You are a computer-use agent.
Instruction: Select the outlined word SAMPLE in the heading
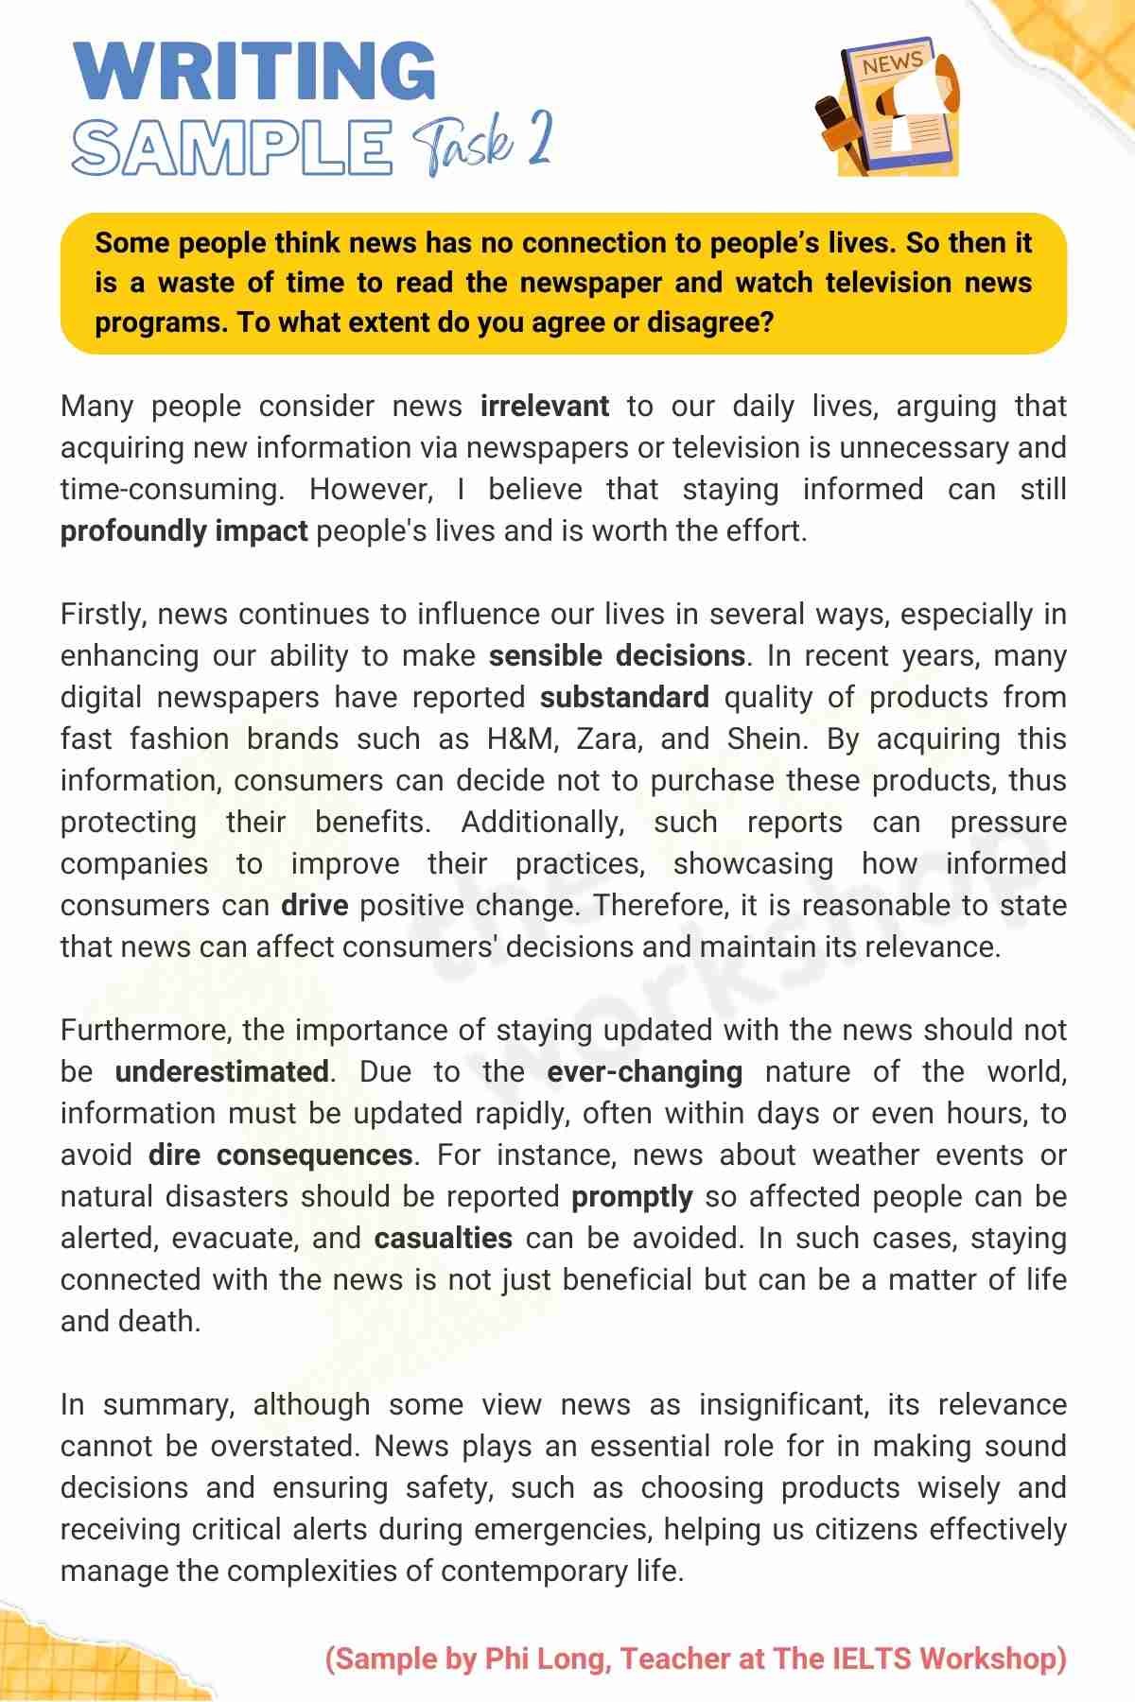click(x=232, y=148)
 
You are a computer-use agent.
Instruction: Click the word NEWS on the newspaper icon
click(x=891, y=63)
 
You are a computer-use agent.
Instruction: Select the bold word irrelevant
click(x=545, y=407)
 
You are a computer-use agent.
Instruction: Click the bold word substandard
click(x=624, y=698)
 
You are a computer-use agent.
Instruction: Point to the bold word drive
click(x=314, y=906)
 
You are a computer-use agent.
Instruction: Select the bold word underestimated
click(x=221, y=1072)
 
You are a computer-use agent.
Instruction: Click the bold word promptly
click(x=632, y=1197)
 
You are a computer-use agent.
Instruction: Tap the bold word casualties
click(x=443, y=1239)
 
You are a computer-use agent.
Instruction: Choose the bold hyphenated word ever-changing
click(x=644, y=1072)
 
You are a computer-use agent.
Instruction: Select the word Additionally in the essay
click(x=543, y=823)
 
